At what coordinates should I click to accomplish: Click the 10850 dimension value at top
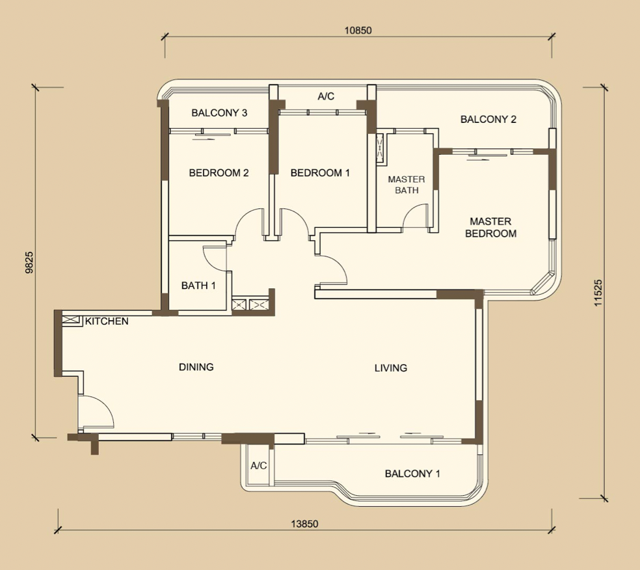tap(358, 30)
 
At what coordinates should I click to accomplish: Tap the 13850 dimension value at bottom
tap(304, 524)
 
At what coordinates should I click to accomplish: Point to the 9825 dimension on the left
tap(29, 262)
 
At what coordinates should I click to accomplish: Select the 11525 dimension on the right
tap(598, 293)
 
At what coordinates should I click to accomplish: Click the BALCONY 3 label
tap(219, 113)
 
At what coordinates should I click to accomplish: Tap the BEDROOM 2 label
tap(219, 172)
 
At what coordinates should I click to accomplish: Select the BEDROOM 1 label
tap(320, 172)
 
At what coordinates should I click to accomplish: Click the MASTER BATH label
tap(407, 185)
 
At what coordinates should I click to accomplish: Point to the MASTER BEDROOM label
tap(490, 228)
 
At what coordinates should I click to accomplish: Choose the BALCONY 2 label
tap(488, 119)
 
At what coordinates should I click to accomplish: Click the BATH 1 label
tap(198, 286)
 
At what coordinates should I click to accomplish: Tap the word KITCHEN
tap(107, 321)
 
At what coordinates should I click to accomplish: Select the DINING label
tap(196, 367)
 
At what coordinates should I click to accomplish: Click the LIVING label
tap(391, 368)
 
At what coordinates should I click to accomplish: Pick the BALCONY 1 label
tap(412, 474)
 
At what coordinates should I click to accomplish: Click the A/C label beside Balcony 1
tap(258, 465)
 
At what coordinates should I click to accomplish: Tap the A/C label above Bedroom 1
tap(326, 96)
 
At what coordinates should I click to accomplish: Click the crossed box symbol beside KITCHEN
tap(70, 319)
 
